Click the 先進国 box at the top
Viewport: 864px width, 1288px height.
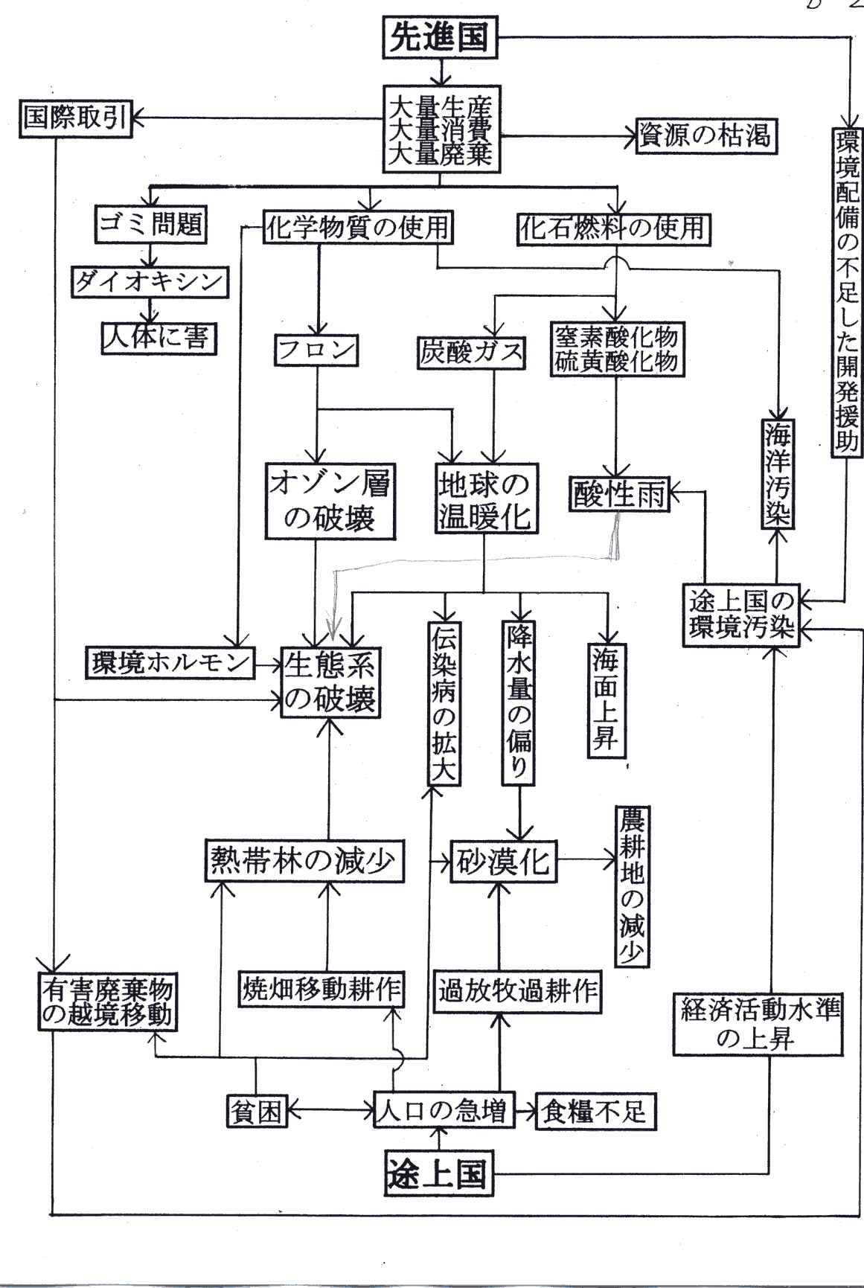(x=440, y=38)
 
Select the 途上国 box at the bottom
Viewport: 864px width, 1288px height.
(x=438, y=1174)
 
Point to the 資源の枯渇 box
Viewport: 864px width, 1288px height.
(x=705, y=136)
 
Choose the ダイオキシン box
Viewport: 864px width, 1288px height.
(x=150, y=281)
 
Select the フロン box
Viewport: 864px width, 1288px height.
(x=316, y=350)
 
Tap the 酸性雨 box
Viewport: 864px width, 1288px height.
(x=619, y=493)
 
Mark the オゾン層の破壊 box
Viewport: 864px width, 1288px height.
(x=330, y=502)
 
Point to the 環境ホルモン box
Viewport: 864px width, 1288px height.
(x=170, y=662)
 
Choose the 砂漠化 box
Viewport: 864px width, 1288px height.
(x=503, y=862)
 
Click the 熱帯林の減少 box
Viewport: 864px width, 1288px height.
(x=305, y=861)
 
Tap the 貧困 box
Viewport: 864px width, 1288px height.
(x=256, y=1111)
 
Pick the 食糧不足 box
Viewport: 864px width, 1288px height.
(x=594, y=1111)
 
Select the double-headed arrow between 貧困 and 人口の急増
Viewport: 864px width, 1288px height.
(x=330, y=1112)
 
